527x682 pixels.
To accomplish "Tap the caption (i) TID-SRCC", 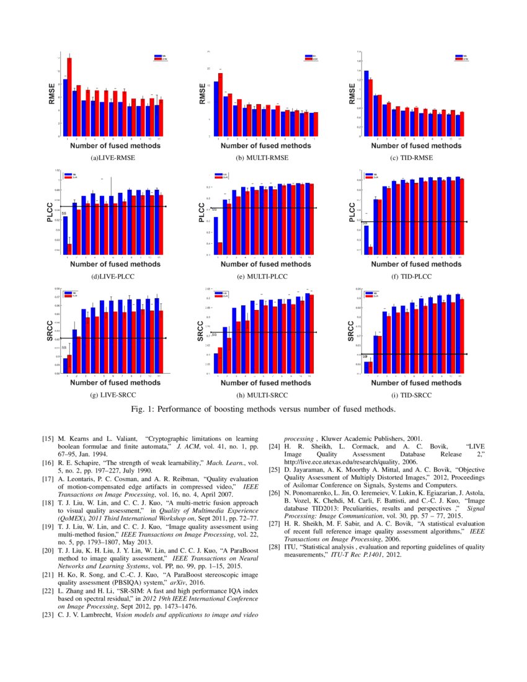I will point(408,395).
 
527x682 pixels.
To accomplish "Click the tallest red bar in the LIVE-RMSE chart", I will point(69,96).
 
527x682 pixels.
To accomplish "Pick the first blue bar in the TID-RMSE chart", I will point(366,102).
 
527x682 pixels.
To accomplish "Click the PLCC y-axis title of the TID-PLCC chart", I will point(351,213).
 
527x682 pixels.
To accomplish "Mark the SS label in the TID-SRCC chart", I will point(365,356).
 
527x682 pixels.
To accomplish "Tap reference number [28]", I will point(274,547).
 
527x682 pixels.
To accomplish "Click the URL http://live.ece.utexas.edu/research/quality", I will point(339,461).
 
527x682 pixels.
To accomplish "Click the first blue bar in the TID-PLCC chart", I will point(366,239).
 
